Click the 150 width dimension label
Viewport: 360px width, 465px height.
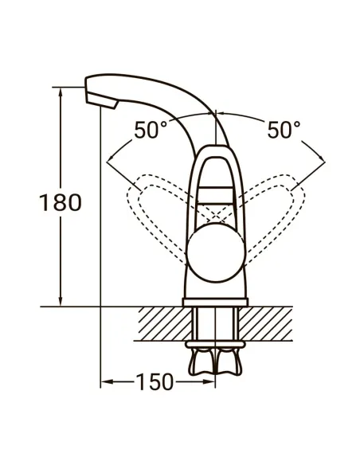coord(154,382)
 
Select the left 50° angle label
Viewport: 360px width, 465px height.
coord(151,130)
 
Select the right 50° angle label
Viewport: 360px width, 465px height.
coord(283,130)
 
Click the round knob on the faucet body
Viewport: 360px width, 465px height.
coord(214,260)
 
